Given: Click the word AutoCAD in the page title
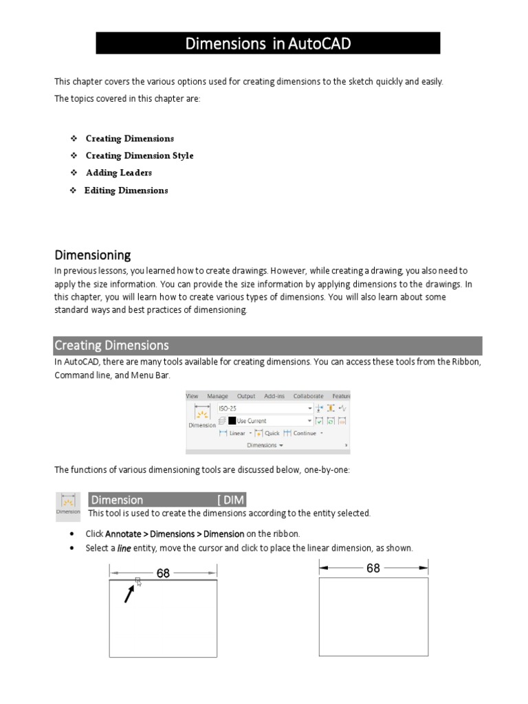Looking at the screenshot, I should (320, 45).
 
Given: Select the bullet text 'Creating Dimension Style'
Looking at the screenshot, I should (139, 155).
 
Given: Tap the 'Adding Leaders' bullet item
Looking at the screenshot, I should (118, 173).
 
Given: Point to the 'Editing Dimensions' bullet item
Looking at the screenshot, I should (126, 190).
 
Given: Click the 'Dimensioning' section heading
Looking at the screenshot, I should (92, 255).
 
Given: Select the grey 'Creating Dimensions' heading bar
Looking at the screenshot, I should (268, 345).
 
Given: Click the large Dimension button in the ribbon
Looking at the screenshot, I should (201, 417).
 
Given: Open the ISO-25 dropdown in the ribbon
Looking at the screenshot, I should (265, 408).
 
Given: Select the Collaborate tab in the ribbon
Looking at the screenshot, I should (308, 396).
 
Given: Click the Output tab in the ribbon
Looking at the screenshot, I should (245, 396).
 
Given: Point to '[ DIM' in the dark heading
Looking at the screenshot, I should (230, 500).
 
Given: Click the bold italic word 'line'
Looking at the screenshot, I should (124, 548).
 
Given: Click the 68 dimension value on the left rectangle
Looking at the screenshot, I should (163, 573).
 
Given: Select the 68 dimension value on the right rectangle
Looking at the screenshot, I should (373, 568).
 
